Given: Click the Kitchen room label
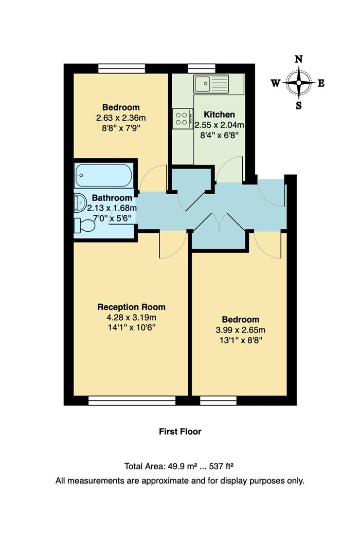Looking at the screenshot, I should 219,114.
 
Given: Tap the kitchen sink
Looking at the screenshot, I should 211,83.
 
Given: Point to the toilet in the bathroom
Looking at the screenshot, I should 84,225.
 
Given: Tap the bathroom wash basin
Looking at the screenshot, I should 80,203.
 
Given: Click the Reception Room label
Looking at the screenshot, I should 132,307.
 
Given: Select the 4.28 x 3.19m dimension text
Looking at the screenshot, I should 132,317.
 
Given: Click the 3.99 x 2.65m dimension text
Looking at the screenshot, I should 241,329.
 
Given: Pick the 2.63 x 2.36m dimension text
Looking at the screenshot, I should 121,118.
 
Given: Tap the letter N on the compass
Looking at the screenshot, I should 298,60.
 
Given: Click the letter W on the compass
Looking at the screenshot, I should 276,83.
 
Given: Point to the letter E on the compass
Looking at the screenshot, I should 321,83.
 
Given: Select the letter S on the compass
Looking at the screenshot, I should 298,106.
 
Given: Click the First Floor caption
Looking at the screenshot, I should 180,432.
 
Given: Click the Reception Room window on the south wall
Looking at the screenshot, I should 132,400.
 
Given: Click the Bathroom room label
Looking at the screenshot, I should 112,198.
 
